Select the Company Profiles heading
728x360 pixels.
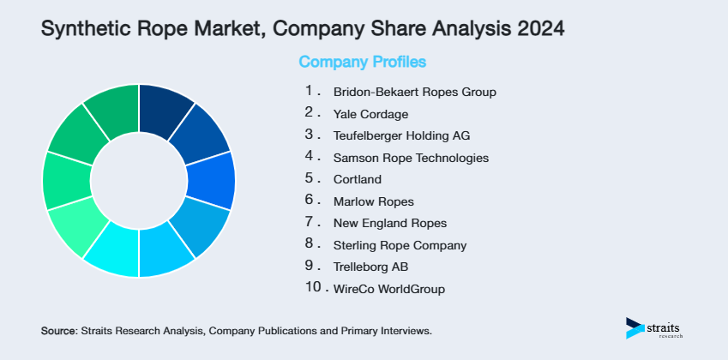click(362, 62)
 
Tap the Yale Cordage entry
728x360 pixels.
click(370, 113)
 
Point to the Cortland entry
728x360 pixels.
click(357, 180)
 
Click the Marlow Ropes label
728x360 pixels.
click(373, 201)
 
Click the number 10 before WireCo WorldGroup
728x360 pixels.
click(313, 288)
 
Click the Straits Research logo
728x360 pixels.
click(656, 328)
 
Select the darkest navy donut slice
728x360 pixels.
click(164, 111)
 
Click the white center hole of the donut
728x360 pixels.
click(138, 180)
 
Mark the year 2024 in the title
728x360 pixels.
click(539, 28)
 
